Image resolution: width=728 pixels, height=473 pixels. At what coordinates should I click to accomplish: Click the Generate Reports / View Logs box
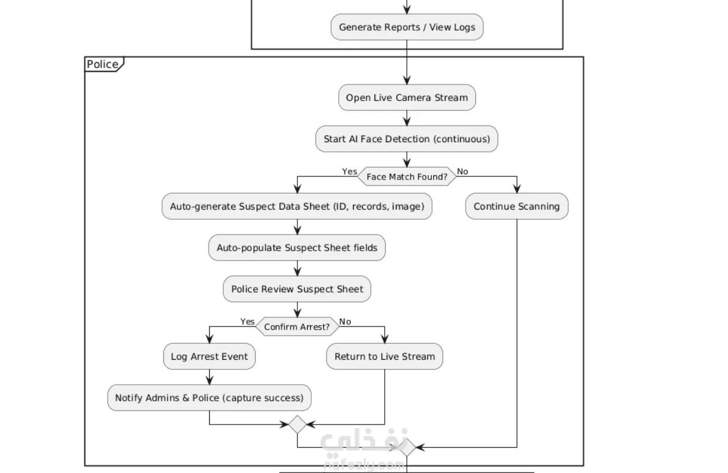point(407,27)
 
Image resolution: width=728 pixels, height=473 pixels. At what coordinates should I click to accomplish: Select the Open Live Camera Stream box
point(407,97)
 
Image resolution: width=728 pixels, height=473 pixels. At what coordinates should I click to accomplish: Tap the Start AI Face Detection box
point(407,139)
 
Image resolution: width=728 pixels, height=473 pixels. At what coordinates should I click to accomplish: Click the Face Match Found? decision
point(407,176)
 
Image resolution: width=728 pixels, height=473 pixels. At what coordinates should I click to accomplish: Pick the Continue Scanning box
point(517,206)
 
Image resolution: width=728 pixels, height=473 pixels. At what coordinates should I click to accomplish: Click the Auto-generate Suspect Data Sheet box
point(297,206)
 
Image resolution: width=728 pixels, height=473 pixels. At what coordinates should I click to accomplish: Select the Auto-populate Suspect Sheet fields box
point(297,248)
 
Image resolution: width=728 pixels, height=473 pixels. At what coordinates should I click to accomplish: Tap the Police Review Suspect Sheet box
point(297,289)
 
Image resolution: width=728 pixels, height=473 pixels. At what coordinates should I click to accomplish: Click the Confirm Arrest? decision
point(297,327)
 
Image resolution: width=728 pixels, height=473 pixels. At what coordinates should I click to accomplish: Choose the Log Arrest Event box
point(209,357)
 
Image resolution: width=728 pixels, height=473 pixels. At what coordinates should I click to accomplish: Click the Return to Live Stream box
point(385,357)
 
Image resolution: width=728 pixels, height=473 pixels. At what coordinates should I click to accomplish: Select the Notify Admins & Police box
point(209,398)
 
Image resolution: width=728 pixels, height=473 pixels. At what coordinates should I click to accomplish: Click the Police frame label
point(103,64)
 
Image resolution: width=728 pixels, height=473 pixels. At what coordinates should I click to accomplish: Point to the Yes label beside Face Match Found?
point(349,172)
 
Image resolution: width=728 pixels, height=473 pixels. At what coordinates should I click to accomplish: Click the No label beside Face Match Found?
point(462,172)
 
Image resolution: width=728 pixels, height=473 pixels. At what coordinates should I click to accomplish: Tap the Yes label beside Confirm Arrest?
point(248,322)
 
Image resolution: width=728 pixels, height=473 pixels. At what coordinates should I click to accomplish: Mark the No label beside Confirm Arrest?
point(345,322)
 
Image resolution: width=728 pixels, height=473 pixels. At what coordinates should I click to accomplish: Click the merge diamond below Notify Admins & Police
point(297,424)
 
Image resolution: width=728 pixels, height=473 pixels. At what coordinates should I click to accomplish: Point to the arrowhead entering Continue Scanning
point(517,189)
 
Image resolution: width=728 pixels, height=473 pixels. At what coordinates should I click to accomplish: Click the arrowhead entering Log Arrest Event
point(209,339)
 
